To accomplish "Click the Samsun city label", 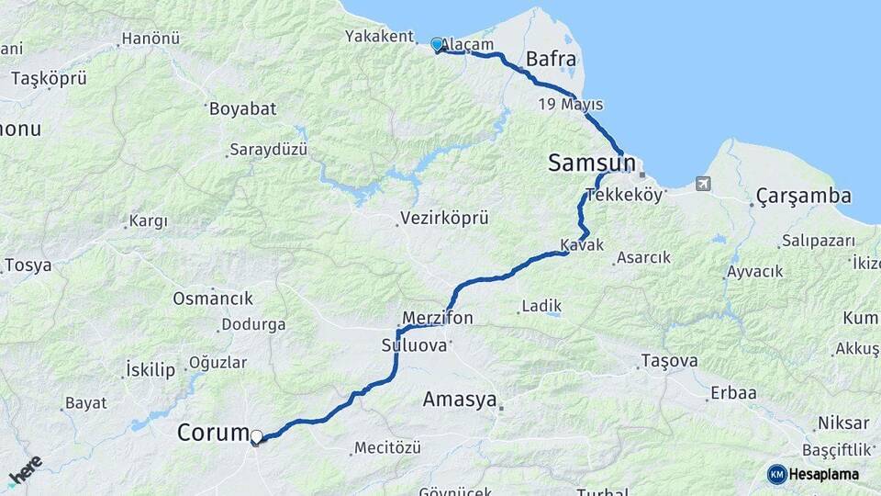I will click(x=591, y=163).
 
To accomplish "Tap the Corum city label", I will click(x=212, y=432).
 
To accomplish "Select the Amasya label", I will click(x=459, y=400).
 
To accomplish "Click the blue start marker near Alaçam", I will click(x=437, y=43).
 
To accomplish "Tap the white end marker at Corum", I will click(x=257, y=437).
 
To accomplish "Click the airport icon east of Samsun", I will click(x=703, y=183).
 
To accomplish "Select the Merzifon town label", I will click(x=437, y=318).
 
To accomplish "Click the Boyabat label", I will click(x=242, y=108).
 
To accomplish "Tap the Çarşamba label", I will click(x=804, y=196).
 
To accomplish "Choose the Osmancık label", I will click(x=213, y=299).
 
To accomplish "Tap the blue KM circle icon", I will click(x=777, y=474).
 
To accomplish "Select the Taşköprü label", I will click(x=49, y=78).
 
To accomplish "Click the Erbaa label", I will click(x=732, y=393).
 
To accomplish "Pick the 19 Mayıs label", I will click(x=571, y=104).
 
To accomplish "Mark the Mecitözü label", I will click(x=391, y=448).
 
